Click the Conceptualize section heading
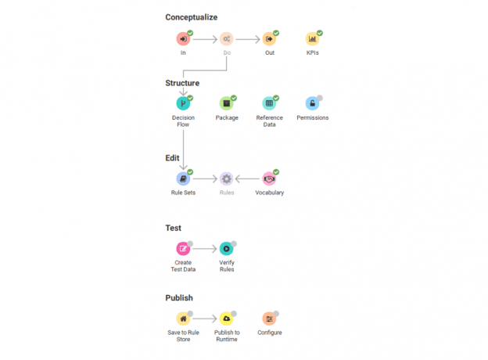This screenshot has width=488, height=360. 192,17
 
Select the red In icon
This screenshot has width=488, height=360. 183,38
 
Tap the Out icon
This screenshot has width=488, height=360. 269,38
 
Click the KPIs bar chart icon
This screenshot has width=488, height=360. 312,38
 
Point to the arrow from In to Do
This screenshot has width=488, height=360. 205,38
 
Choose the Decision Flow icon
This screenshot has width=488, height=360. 183,103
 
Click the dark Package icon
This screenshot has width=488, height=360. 226,103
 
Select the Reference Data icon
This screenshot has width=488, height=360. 269,103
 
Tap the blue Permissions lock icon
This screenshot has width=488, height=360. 312,103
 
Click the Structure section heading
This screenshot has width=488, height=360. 182,83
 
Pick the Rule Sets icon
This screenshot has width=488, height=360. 183,178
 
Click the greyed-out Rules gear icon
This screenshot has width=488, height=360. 226,178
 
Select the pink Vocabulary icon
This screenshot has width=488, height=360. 269,178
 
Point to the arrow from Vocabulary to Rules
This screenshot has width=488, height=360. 248,178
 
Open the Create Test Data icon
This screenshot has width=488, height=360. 183,249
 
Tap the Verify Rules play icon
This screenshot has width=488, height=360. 226,249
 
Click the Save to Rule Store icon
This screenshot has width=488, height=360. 183,319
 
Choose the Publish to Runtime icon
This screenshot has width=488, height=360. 226,319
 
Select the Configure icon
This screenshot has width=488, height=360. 269,319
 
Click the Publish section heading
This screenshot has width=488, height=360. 179,298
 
